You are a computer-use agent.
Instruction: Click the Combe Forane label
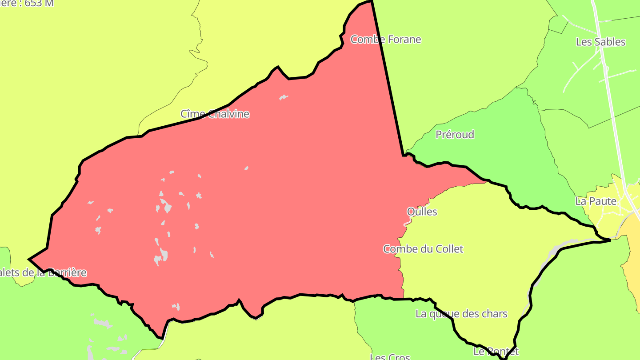[x=386, y=40]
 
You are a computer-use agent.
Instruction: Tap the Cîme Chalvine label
[x=215, y=114]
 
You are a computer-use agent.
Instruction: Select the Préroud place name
[x=455, y=135]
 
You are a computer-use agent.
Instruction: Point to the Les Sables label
[x=600, y=42]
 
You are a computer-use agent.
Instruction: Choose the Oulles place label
[x=422, y=212]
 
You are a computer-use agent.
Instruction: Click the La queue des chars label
[x=461, y=314]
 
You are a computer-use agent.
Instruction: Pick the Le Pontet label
[x=496, y=352]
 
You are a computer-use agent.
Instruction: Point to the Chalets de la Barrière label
[x=42, y=273]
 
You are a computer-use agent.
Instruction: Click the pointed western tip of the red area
[x=30, y=259]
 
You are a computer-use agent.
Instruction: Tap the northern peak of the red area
[x=370, y=2]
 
